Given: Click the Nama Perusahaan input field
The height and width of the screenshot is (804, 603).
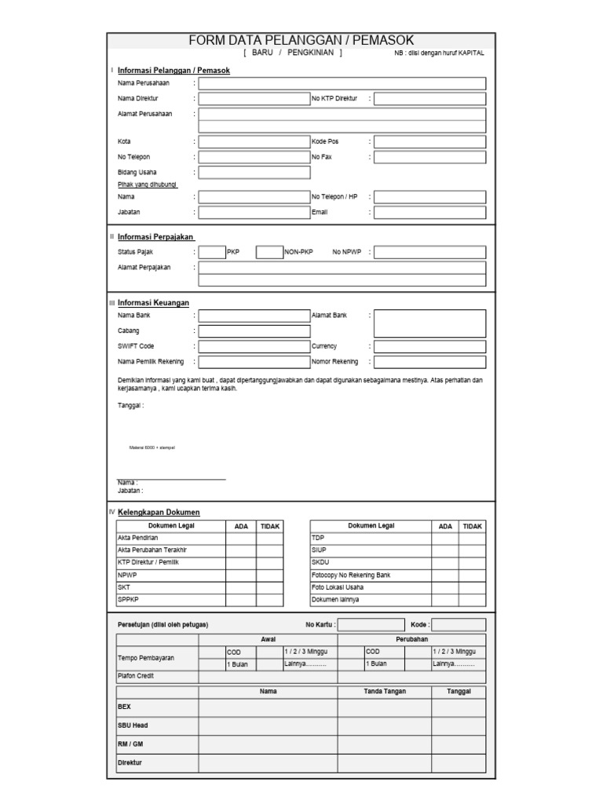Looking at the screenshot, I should [342, 83].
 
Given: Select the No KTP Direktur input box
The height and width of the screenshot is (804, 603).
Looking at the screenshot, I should [429, 99].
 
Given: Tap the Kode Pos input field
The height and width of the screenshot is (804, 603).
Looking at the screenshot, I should [429, 142].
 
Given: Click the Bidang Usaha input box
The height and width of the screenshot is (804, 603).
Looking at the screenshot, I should [254, 172].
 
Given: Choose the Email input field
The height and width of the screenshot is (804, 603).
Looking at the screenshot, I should [429, 212].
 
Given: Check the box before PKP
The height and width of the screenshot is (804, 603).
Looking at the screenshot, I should [211, 252].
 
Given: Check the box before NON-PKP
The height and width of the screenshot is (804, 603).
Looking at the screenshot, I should [269, 252].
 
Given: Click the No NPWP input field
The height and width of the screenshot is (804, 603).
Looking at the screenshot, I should [429, 252].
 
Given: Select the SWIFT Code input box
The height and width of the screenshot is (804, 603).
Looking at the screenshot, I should [254, 346].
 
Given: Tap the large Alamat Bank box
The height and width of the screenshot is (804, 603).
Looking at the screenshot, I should [429, 323].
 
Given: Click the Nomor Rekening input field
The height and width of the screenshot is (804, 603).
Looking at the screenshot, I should [429, 362].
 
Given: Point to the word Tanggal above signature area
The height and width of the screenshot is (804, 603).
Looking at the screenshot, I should [130, 406].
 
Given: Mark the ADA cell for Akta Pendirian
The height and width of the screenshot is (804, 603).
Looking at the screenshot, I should [241, 538].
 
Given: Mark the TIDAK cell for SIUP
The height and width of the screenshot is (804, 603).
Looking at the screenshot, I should [472, 550].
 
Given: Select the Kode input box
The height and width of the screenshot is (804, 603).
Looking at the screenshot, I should [459, 625].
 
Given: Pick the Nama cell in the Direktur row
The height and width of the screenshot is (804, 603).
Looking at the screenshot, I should [268, 762].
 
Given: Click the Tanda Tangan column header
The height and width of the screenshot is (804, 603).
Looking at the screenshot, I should [384, 691].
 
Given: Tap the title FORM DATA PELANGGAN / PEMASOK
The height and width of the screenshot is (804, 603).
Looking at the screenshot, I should [301, 41].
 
